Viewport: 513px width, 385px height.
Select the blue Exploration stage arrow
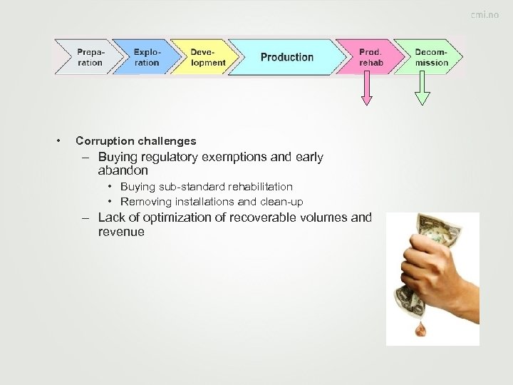[147, 57]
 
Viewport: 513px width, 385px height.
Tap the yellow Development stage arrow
[207, 57]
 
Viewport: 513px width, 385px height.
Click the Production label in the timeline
[286, 57]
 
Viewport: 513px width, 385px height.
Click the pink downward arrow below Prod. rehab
[367, 89]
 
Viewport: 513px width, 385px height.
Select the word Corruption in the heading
[102, 141]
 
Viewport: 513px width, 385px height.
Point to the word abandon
[123, 171]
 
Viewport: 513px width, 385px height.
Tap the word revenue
[121, 232]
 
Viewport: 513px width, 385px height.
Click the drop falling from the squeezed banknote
[423, 329]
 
